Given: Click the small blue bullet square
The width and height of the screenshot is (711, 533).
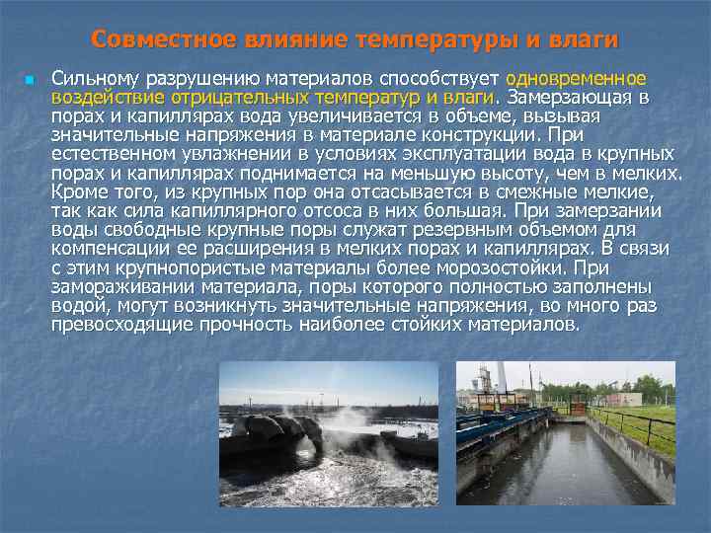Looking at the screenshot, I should pos(31,79).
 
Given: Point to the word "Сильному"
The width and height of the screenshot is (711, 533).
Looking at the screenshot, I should pos(95,78).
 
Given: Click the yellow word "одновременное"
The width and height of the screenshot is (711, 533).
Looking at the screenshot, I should pos(577,78).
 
